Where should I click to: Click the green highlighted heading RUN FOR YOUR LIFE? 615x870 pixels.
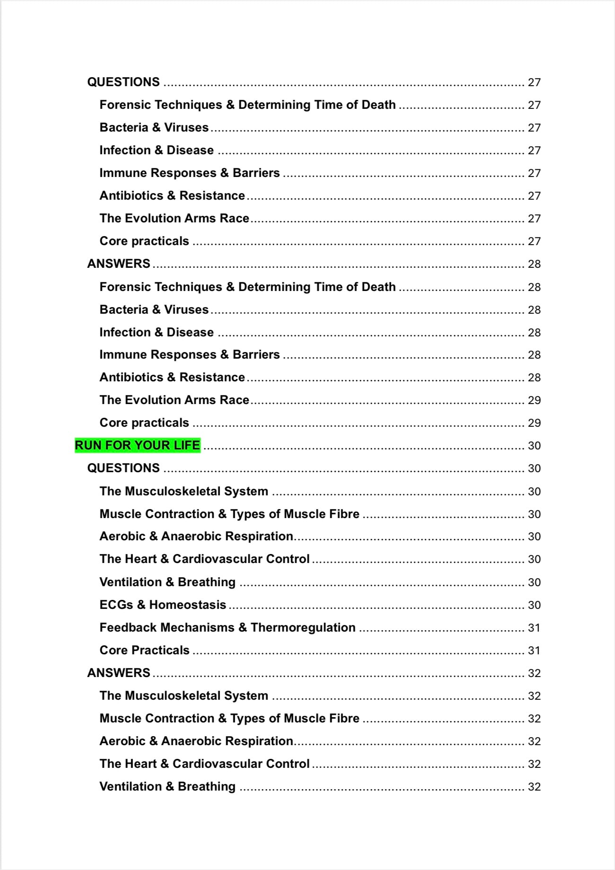[137, 445]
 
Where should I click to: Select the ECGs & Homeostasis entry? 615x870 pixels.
[163, 605]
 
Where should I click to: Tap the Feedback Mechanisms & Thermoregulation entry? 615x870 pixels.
[227, 627]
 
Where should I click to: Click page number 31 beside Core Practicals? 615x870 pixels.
[534, 650]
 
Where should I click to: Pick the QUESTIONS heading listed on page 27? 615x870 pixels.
[123, 82]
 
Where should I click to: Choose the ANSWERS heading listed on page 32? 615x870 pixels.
[119, 673]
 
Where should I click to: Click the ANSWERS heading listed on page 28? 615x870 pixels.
[119, 264]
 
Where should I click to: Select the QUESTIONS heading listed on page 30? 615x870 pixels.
[123, 468]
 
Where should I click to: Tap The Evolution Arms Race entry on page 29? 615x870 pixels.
[174, 400]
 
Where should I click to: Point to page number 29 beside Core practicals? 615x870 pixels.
[534, 423]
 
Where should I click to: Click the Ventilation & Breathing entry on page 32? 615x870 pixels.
[167, 786]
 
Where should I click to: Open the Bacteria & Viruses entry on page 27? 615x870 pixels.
[154, 127]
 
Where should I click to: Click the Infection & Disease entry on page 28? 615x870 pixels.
[157, 332]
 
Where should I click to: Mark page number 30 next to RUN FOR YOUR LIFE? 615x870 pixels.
[534, 446]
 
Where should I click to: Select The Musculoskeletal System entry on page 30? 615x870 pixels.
[184, 491]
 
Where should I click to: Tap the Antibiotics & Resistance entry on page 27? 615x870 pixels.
[172, 195]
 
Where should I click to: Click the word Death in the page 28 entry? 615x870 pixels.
[378, 287]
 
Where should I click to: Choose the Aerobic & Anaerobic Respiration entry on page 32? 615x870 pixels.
[196, 741]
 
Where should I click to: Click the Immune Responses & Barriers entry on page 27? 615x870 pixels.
[189, 173]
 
